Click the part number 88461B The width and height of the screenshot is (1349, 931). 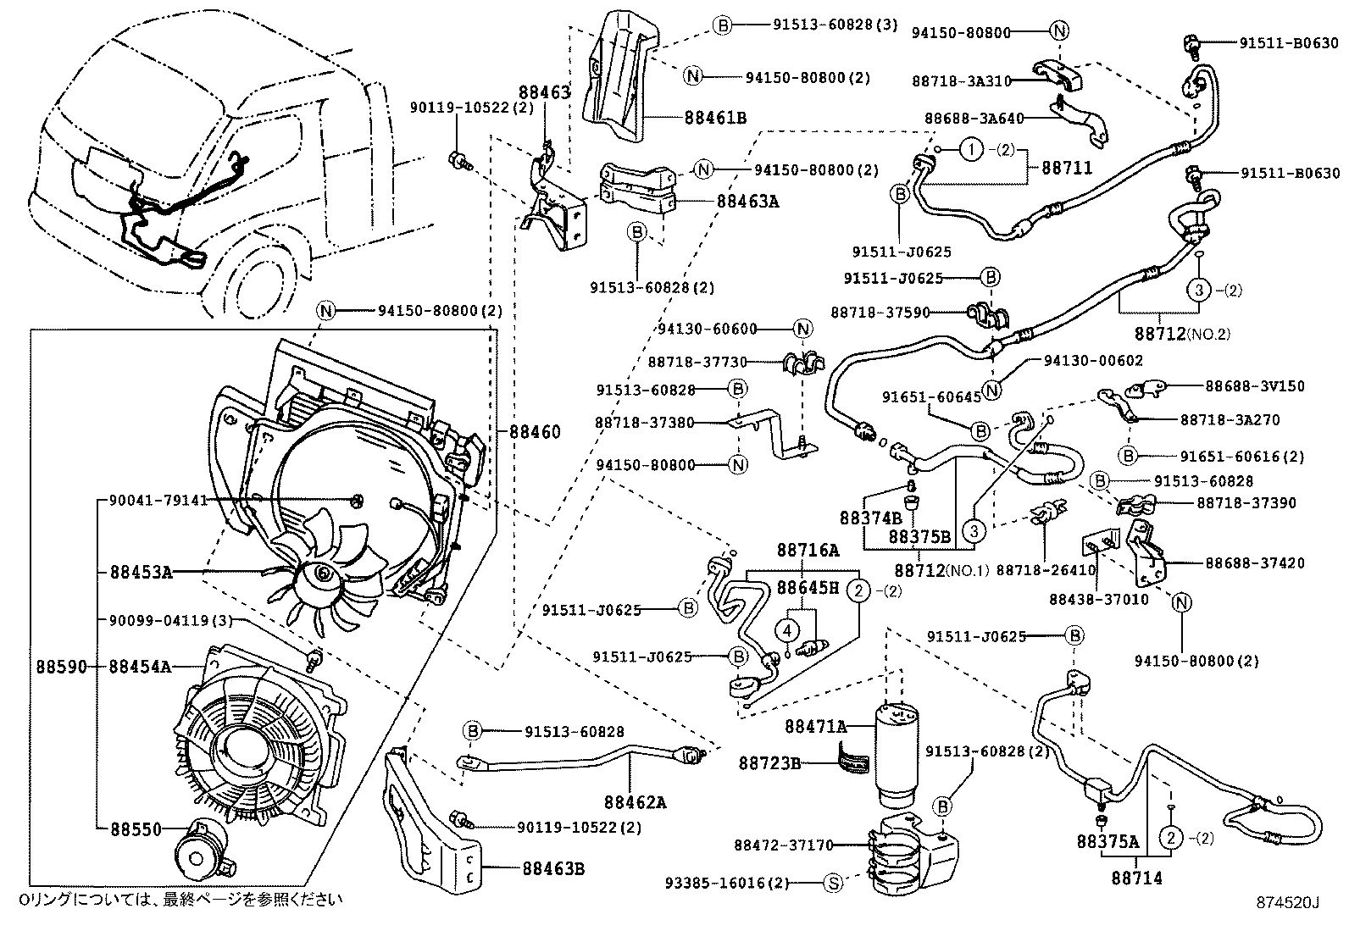tap(715, 117)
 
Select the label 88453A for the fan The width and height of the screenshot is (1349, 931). tap(140, 572)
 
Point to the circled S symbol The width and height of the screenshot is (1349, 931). tap(834, 884)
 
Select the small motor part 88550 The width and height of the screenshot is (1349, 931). tap(201, 856)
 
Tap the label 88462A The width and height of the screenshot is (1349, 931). tap(635, 801)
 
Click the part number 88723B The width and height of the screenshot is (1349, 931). tap(771, 763)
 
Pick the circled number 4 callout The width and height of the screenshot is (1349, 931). tap(787, 629)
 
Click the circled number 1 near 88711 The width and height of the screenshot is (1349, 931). tap(971, 151)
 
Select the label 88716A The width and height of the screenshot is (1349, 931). tap(808, 551)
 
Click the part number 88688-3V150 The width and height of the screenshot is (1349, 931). tap(1255, 386)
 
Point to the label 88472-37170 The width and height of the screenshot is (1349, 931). tap(783, 845)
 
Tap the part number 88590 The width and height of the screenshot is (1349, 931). tap(61, 667)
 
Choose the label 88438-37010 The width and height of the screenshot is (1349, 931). tap(1098, 600)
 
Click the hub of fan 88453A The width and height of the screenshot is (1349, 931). tap(324, 574)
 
